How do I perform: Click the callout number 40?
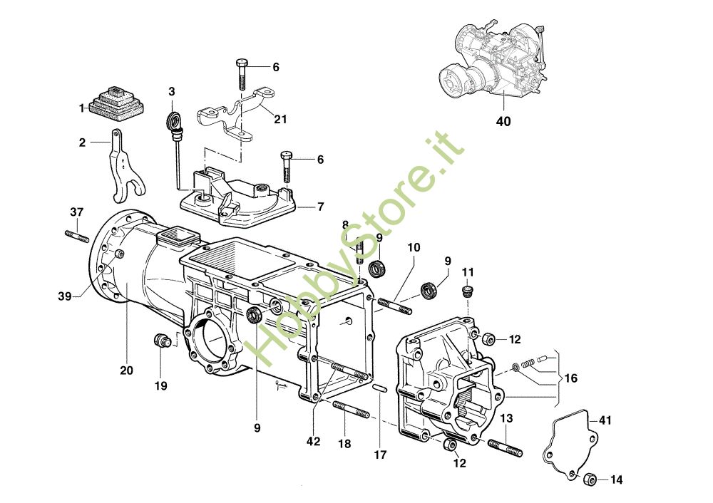point(503,121)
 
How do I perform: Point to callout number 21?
point(280,119)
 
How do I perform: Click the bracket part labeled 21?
point(237,113)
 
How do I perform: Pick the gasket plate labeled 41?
point(570,443)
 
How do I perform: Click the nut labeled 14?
point(590,479)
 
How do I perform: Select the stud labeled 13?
point(506,447)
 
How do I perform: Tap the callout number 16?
point(570,378)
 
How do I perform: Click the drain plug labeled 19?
point(161,341)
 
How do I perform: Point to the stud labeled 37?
point(77,237)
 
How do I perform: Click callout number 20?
point(126,370)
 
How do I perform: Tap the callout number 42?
point(313,441)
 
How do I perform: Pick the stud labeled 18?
point(351,410)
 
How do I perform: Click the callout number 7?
point(321,207)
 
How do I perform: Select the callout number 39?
point(65,296)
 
